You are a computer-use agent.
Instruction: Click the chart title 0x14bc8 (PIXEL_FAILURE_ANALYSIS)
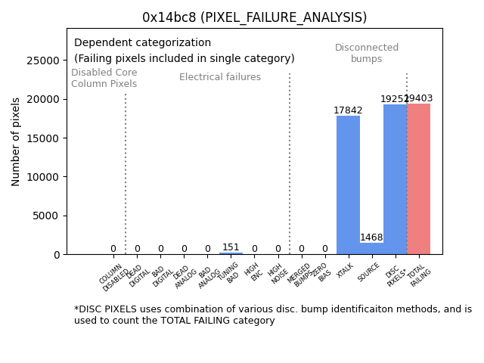254,17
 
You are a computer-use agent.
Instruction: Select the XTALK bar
348,185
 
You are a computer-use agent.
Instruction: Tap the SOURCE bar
371,249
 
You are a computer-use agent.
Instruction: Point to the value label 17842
348,110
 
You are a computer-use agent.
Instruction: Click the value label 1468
371,237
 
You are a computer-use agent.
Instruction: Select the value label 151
231,247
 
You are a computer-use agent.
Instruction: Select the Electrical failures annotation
220,77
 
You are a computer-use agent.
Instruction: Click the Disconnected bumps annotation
367,54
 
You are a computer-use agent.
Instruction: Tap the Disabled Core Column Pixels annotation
104,78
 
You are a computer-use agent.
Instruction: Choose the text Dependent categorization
142,42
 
